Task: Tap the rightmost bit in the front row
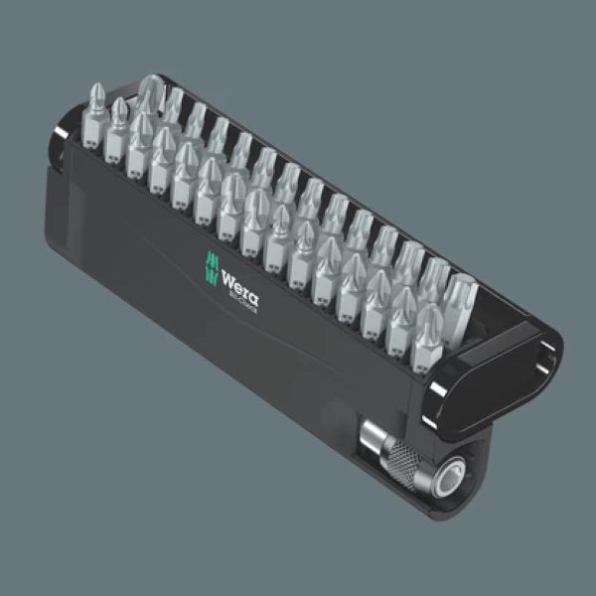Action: (x=430, y=327)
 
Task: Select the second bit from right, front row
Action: (x=403, y=314)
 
